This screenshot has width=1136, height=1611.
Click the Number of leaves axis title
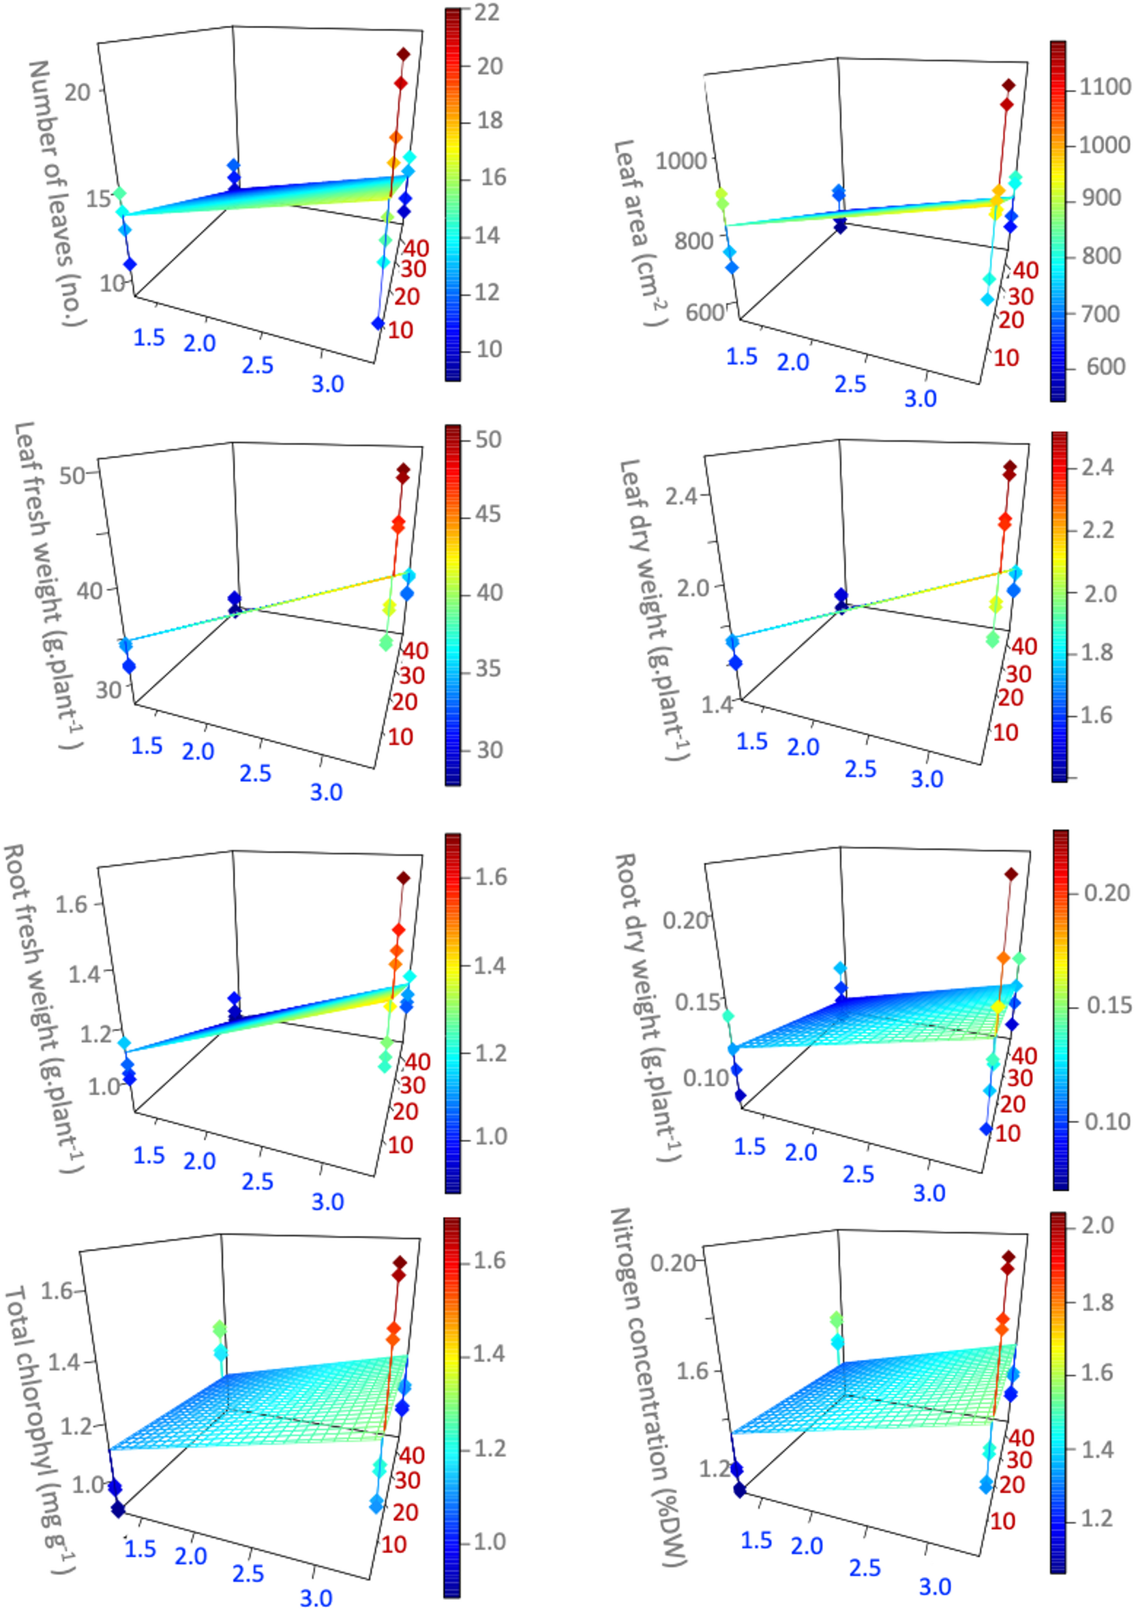(x=57, y=193)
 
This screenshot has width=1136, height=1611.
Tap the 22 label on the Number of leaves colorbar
(x=486, y=13)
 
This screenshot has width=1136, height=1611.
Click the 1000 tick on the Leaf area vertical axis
(x=680, y=162)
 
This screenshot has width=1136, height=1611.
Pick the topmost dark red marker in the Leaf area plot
(x=1008, y=85)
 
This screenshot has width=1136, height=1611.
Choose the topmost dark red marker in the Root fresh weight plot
(x=403, y=878)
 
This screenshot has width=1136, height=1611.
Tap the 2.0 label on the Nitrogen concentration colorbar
(x=1098, y=1225)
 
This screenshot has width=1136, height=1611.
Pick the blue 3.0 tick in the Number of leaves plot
(x=328, y=384)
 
